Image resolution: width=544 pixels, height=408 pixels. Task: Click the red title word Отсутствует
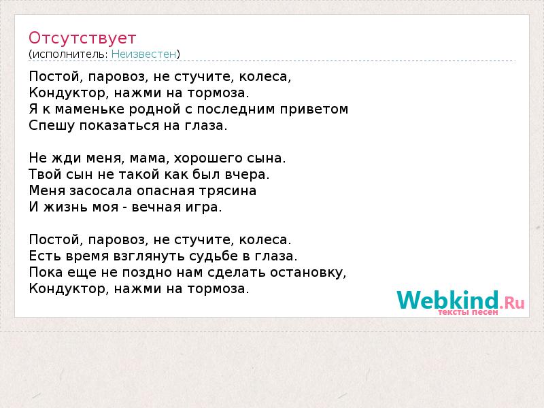click(x=82, y=38)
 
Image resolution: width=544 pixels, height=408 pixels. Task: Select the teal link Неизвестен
click(x=144, y=54)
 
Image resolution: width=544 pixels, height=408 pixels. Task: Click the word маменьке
click(x=90, y=109)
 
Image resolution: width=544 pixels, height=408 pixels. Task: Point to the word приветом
click(x=314, y=109)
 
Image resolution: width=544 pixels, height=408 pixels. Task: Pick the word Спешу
click(x=52, y=126)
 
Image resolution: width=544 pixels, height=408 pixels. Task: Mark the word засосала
click(x=101, y=191)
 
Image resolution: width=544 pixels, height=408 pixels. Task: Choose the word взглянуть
click(x=149, y=257)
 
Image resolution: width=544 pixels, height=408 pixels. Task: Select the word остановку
click(x=308, y=273)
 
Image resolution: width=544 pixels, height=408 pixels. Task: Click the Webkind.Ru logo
click(x=460, y=301)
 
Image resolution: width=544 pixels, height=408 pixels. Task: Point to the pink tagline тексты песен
click(x=468, y=312)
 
